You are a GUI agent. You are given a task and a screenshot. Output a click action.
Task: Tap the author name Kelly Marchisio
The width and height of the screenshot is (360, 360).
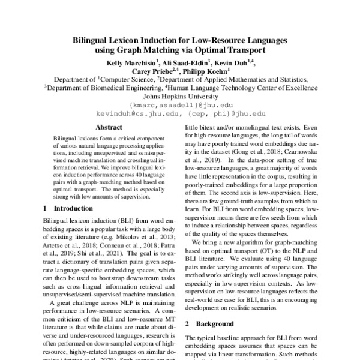(132, 62)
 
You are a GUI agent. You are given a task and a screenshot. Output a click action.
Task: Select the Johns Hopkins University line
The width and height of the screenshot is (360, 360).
(180, 95)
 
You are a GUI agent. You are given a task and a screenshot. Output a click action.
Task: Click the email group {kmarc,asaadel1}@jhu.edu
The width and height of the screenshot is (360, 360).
(180, 104)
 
